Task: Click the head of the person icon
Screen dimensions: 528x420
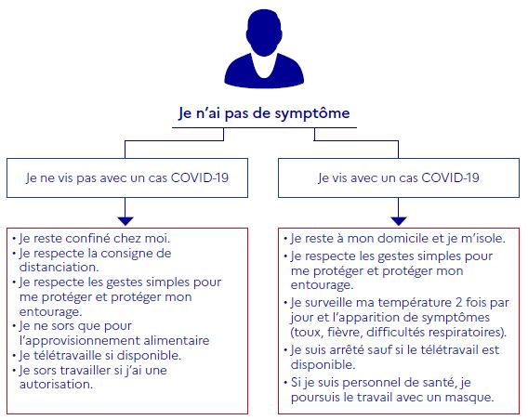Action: [264, 33]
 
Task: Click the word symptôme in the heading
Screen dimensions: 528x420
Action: [312, 113]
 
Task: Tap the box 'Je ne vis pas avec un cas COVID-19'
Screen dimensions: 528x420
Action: [127, 177]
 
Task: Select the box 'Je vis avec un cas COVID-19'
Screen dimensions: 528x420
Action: [399, 177]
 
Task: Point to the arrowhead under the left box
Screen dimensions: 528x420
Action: [125, 221]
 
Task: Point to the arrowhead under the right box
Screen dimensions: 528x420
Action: [399, 221]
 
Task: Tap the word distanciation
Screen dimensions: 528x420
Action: [59, 268]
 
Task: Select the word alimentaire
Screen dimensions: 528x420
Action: [177, 340]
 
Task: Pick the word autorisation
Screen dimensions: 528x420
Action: [56, 385]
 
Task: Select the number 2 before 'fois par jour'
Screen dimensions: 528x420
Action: [458, 303]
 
